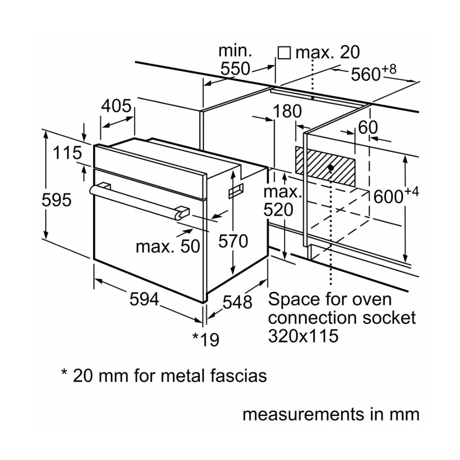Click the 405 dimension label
116,106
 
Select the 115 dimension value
67,153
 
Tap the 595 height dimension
56,200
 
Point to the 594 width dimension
144,299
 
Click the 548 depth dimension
237,302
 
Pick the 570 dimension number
233,241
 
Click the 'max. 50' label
168,246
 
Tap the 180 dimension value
287,112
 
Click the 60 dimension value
368,127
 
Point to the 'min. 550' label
235,60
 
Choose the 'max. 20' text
328,52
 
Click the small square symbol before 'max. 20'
284,53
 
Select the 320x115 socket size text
303,336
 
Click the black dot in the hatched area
331,167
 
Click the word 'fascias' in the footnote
238,376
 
